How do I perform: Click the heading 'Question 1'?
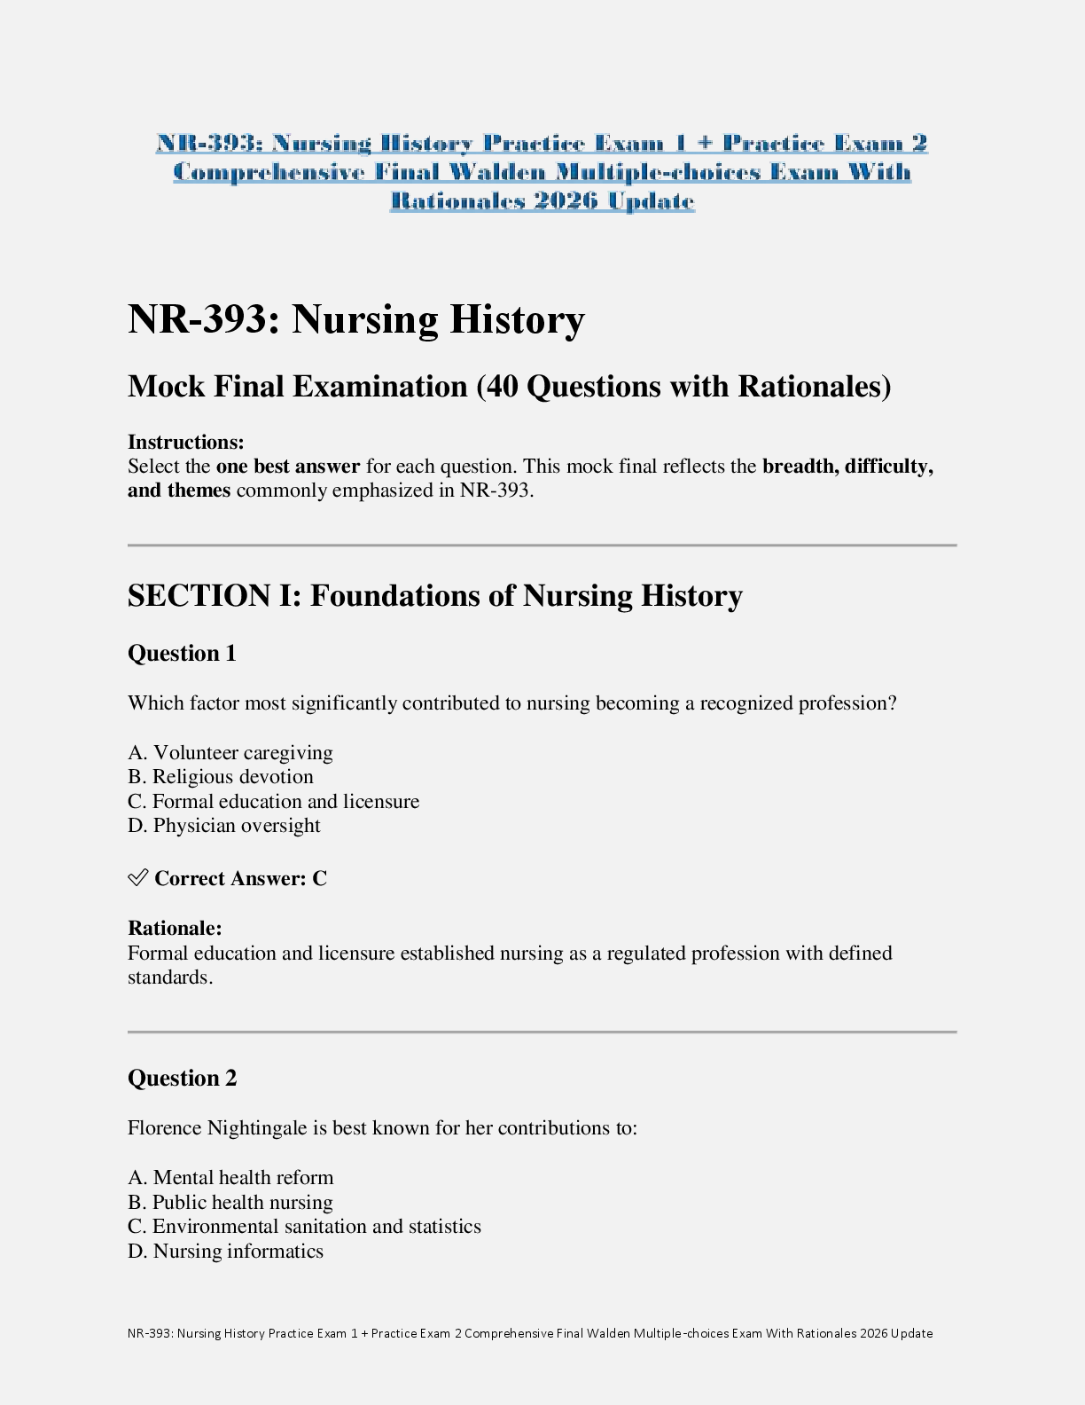(182, 654)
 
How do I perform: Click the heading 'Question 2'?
(182, 1079)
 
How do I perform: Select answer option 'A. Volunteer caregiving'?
(230, 753)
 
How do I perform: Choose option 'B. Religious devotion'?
(221, 777)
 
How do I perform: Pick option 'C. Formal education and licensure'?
(274, 802)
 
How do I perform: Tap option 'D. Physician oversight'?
(224, 826)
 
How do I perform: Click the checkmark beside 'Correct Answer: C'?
(137, 878)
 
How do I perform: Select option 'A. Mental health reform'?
(230, 1178)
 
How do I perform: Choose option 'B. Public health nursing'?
(230, 1203)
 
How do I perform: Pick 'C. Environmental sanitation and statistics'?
(304, 1227)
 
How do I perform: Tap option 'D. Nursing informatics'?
(225, 1252)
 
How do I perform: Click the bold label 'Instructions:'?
(186, 443)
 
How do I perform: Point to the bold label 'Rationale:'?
(175, 929)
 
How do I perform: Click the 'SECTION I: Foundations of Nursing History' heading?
(434, 596)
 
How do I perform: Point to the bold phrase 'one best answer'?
(288, 467)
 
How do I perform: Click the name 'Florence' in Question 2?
(165, 1128)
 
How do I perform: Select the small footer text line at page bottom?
(530, 1333)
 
